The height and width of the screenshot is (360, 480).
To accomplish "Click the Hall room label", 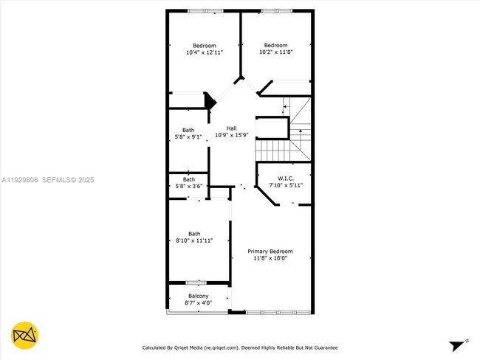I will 231,128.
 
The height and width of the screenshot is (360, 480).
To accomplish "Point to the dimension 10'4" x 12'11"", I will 204,52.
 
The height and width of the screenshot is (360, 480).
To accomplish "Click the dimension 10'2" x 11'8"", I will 275,52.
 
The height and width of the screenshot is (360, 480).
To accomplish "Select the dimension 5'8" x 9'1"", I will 188,136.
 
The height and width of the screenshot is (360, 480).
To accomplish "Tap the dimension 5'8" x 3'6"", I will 188,186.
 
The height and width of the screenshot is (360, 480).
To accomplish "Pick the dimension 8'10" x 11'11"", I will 194,240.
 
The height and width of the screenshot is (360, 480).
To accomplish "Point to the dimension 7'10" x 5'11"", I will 286,184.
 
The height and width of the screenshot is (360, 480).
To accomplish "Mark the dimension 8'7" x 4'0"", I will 198,303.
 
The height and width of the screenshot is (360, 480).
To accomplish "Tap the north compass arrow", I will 458,344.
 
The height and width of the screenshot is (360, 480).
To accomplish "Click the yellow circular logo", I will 25,335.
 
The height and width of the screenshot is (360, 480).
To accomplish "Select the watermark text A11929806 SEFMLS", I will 48,179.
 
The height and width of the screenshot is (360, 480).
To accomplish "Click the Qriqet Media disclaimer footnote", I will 240,347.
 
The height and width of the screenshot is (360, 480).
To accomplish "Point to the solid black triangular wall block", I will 209,100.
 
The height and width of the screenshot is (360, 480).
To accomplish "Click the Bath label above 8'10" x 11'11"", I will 194,233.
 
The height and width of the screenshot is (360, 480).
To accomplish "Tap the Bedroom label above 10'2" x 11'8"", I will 275,45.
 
